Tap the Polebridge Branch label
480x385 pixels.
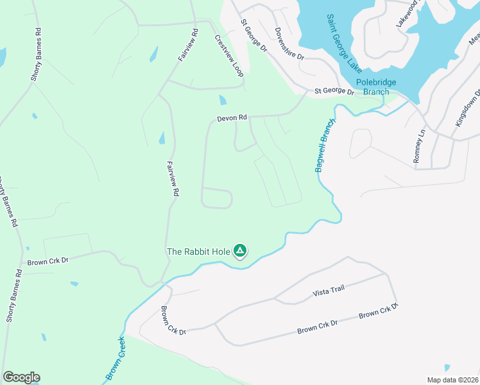pos(376,87)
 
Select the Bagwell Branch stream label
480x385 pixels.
pos(325,145)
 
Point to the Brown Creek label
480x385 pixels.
pos(116,358)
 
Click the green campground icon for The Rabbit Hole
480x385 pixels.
pos(240,251)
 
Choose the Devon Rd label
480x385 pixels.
pos(232,118)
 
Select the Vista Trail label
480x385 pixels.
pos(329,290)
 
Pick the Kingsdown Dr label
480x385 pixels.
pos(468,107)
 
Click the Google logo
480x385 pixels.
pos(21,377)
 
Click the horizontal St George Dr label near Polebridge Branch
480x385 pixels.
pos(334,92)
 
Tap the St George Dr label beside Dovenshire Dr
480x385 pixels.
pos(253,35)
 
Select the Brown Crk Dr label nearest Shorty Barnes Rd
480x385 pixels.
pos(47,262)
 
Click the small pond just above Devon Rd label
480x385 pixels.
pos(223,100)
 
